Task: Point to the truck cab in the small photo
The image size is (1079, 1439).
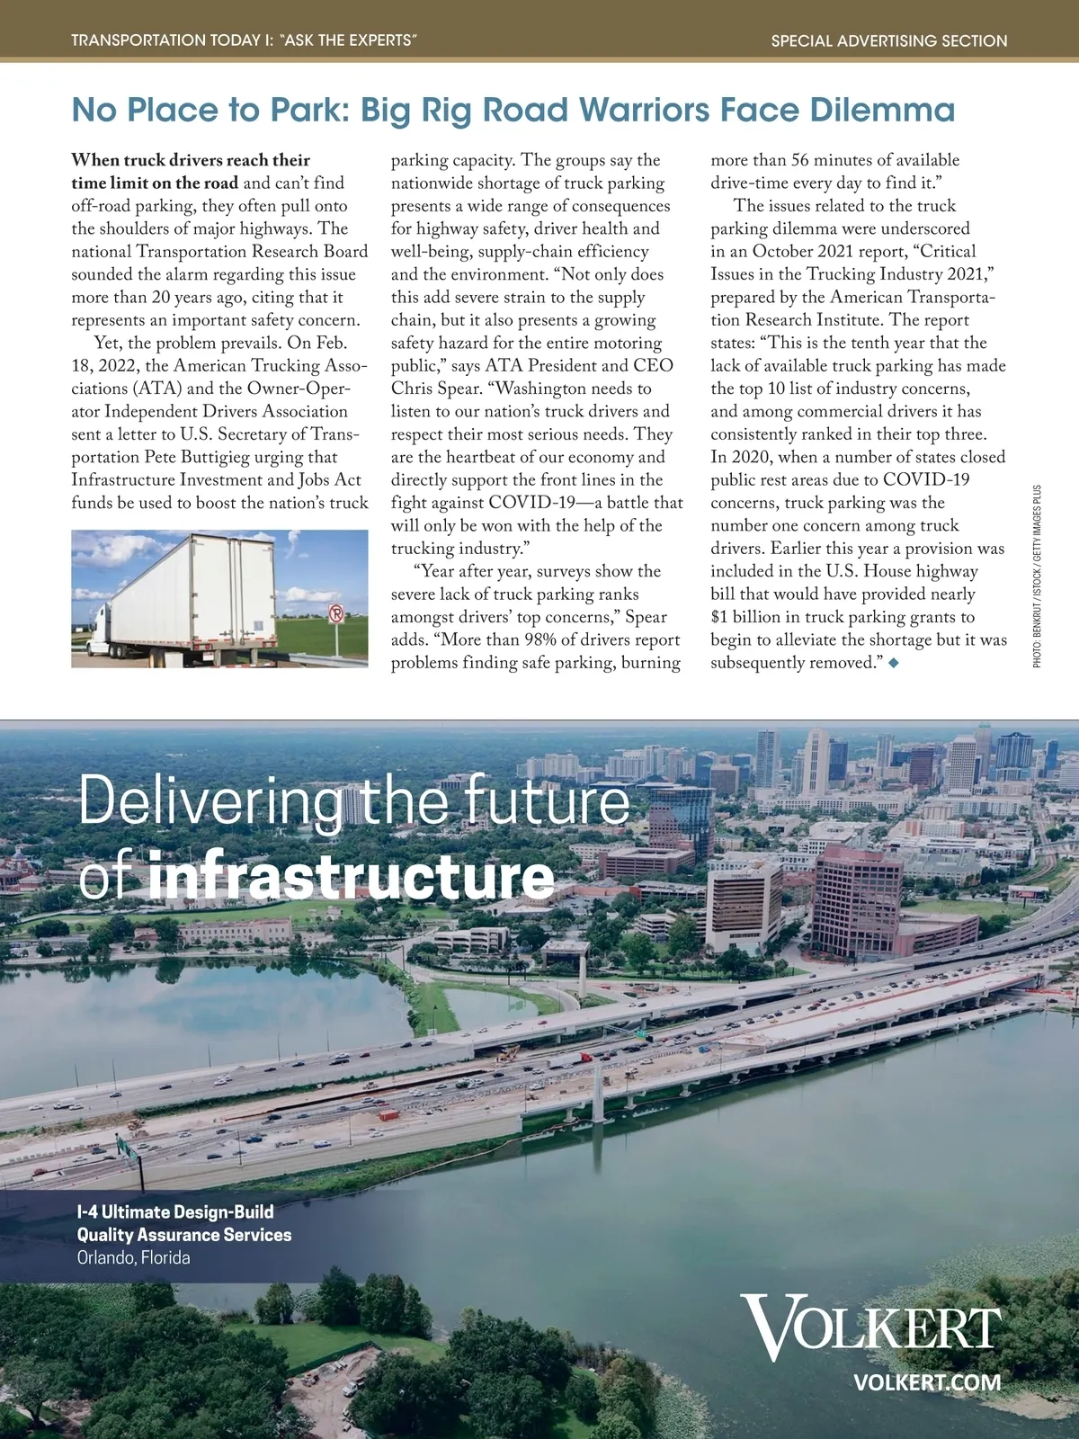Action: pos(100,627)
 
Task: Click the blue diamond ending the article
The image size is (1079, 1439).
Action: pos(893,663)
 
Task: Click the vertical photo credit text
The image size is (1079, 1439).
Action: pos(1037,576)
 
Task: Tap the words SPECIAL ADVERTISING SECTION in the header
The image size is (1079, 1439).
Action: pos(889,40)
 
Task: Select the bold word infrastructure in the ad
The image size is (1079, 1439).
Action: pos(352,876)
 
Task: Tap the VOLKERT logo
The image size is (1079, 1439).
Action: pos(871,1327)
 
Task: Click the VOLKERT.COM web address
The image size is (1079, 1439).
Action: pos(926,1382)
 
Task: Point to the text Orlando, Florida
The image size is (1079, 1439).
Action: pos(134,1257)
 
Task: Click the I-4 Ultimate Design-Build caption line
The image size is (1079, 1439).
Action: pos(175,1211)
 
